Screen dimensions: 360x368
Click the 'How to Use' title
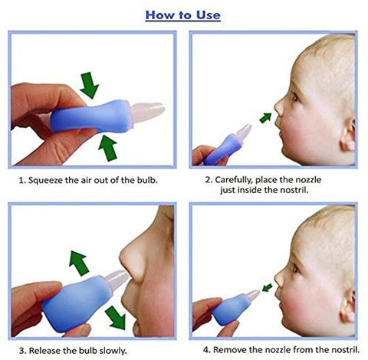(183, 14)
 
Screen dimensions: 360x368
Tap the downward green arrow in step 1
(90, 83)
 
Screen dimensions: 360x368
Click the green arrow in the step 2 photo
(265, 117)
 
